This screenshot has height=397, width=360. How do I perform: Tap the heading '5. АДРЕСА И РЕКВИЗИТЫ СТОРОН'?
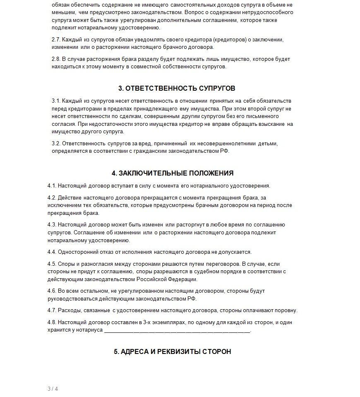coord(173,351)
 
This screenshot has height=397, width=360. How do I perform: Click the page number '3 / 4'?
coord(53,389)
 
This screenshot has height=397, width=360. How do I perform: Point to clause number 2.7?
coord(56,40)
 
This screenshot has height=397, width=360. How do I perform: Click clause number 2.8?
coord(56,59)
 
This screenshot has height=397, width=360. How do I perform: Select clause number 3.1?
coord(56,101)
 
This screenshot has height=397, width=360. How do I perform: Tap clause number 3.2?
coord(56,144)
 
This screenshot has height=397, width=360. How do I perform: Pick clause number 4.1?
coord(52,186)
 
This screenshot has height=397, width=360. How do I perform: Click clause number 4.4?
coord(52,252)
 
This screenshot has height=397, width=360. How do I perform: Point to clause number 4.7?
coord(52,310)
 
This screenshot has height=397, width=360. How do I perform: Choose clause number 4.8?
coord(52,322)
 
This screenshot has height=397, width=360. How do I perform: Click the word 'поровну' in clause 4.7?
coord(286,310)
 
